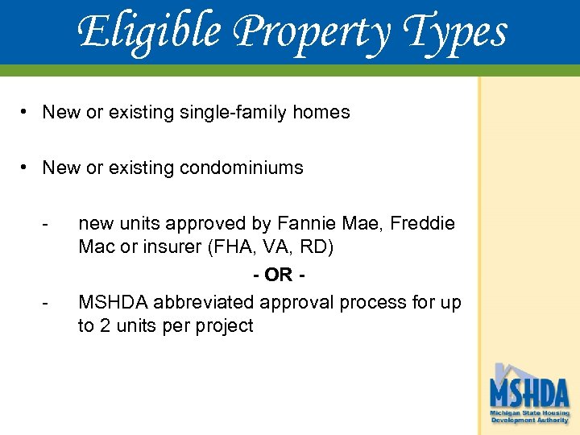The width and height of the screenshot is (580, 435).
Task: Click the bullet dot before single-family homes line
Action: pyautogui.click(x=27, y=111)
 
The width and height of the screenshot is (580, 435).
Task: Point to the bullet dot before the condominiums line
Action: pyautogui.click(x=27, y=167)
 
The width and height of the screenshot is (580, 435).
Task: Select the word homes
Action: pyautogui.click(x=322, y=112)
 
